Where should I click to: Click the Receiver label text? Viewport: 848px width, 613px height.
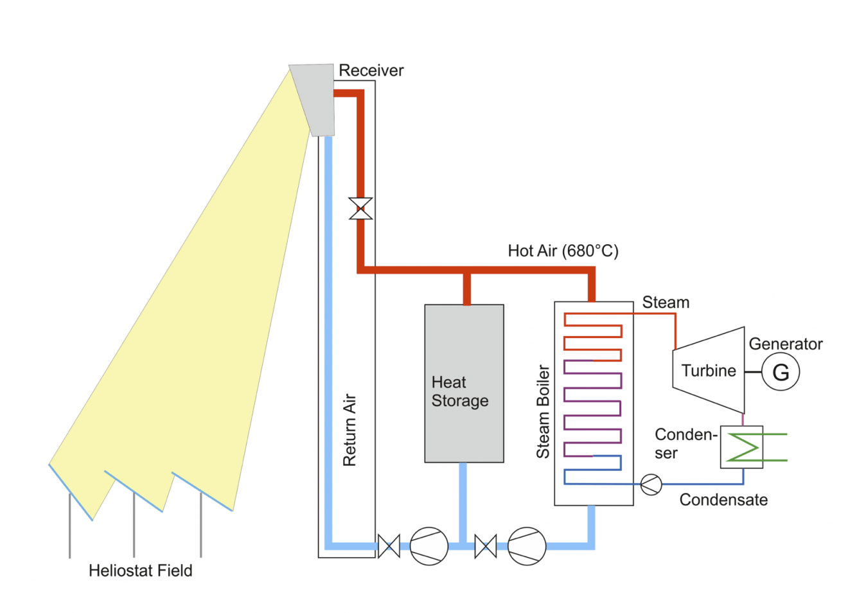coord(371,70)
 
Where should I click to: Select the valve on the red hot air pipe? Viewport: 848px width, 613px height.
coord(360,209)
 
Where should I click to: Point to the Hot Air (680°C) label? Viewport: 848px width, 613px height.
coord(563,251)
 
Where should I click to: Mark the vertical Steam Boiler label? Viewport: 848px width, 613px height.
coord(543,411)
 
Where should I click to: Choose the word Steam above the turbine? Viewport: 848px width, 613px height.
coord(666,302)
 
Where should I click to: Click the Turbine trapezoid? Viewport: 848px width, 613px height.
coord(709,371)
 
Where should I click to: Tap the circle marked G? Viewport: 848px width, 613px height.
coord(781,372)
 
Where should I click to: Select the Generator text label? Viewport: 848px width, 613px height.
coord(786,344)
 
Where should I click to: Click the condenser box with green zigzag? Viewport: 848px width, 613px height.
coord(741,447)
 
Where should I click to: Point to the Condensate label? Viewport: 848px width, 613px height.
coord(723,499)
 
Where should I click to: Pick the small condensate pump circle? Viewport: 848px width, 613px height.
coord(651,484)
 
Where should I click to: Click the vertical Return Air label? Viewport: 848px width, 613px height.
coord(349,430)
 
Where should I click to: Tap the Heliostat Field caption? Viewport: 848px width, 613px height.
coord(140,571)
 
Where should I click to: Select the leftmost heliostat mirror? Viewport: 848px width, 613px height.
coord(71,492)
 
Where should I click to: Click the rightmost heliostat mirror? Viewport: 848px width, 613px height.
coord(202,492)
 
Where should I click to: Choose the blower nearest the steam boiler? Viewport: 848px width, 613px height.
coord(527,546)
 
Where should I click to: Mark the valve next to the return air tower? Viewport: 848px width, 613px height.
coord(389,546)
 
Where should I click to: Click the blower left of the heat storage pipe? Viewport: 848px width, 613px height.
coord(428,546)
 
